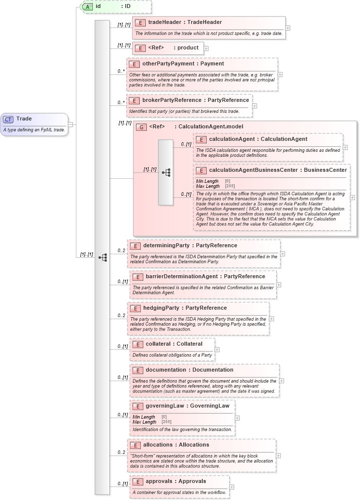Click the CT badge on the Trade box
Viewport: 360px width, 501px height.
click(8, 119)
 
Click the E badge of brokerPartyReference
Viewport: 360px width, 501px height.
click(134, 100)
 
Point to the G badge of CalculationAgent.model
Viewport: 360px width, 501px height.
click(141, 127)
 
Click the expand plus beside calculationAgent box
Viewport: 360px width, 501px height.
click(346, 147)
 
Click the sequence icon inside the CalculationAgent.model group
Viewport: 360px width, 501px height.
click(166, 172)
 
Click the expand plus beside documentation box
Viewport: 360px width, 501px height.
click(281, 381)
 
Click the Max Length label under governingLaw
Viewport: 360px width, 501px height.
click(144, 422)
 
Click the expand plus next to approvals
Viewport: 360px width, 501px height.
click(232, 487)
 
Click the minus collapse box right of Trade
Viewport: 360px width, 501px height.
click(71, 124)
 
